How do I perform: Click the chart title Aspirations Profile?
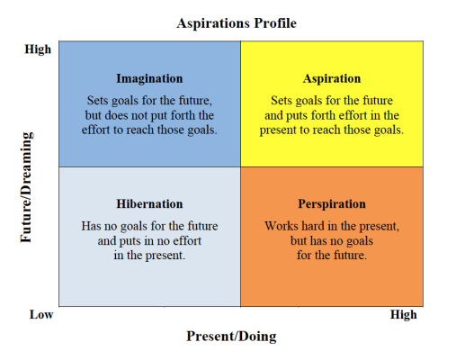[237, 23]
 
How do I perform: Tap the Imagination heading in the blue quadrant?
[149, 78]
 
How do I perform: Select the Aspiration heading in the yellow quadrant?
[332, 78]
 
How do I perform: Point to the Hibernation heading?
[149, 204]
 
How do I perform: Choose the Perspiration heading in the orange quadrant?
[332, 204]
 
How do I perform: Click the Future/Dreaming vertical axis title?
[26, 187]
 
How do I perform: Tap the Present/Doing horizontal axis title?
[231, 337]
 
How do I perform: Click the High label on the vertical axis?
[38, 49]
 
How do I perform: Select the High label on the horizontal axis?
[403, 315]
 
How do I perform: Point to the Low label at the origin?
[41, 315]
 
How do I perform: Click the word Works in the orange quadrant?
[281, 226]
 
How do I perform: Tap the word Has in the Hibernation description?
[90, 226]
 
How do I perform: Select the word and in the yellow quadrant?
[273, 115]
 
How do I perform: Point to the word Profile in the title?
[275, 23]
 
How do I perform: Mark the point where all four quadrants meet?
[240, 167]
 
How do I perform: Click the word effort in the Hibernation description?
[185, 241]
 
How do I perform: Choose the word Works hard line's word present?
[380, 227]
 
